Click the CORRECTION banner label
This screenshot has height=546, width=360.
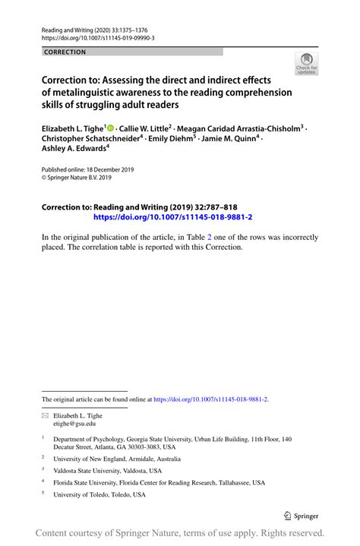[65, 52]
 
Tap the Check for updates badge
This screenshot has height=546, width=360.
[306, 64]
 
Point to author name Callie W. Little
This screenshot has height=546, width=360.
[145, 130]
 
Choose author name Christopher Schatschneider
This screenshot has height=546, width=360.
[90, 140]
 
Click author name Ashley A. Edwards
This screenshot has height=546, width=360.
[74, 150]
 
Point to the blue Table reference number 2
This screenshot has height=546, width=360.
[199, 237]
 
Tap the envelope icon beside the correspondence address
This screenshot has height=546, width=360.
[45, 416]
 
